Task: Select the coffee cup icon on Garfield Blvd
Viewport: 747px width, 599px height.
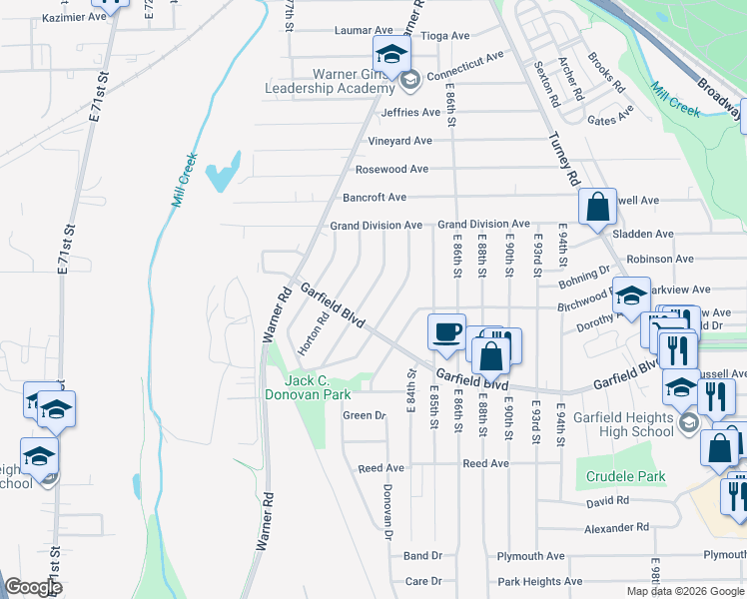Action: coord(446,331)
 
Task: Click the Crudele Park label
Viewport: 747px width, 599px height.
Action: coord(626,477)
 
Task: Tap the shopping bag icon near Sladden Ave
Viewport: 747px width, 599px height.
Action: coord(597,208)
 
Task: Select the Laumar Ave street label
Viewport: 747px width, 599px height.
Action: coord(365,31)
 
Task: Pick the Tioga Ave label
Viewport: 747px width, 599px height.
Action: coord(445,36)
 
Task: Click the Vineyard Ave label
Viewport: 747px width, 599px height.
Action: coord(399,142)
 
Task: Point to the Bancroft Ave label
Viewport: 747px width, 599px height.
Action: coord(374,198)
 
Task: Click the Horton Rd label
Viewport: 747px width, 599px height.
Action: coord(313,335)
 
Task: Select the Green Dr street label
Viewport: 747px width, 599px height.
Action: coord(364,415)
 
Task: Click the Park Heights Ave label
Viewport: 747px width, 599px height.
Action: coord(539,582)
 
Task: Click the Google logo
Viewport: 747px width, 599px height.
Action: coord(33,587)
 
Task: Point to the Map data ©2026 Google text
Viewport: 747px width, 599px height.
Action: coord(684,591)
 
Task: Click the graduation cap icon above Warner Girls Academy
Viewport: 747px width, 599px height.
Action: coord(392,54)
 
